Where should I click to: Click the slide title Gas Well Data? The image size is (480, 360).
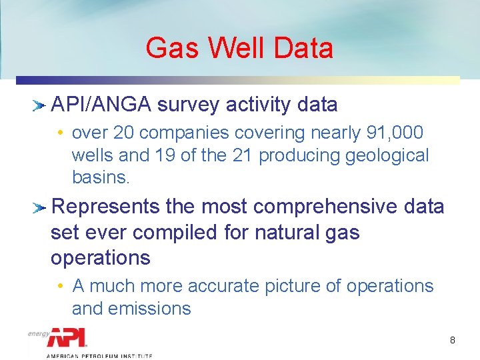[239, 48]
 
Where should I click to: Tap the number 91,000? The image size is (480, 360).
[395, 133]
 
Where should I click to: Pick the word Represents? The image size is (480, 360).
[105, 207]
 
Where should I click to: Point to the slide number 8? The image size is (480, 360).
[453, 341]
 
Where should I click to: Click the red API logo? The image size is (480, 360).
[67, 337]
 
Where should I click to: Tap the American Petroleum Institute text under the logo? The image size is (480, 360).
[99, 356]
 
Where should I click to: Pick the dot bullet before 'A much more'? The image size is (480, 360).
[61, 287]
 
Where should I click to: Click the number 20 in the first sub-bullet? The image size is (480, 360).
[124, 133]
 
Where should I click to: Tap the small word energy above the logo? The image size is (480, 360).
[38, 333]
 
